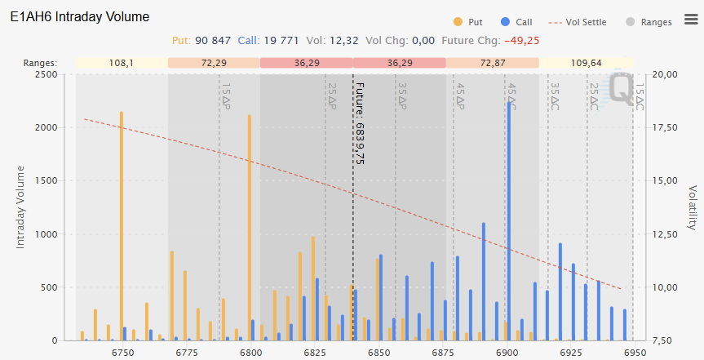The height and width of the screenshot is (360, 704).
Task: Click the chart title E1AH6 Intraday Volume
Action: click(80, 16)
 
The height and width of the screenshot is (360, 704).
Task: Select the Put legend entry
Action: click(469, 22)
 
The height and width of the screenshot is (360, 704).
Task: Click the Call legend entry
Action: click(517, 22)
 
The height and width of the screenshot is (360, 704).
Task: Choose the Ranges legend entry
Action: click(649, 22)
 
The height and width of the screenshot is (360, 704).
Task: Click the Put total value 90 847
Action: click(215, 40)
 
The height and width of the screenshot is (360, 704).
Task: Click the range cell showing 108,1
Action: click(122, 63)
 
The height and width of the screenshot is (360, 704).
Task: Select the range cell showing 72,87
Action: click(493, 63)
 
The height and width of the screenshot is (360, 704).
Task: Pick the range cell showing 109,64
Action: click(587, 63)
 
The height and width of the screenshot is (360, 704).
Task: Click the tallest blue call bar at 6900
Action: click(509, 220)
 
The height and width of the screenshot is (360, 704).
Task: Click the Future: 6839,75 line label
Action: click(360, 122)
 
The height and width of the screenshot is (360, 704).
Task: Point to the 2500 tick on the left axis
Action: click(45, 74)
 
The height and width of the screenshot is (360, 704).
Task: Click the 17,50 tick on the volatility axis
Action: click(666, 127)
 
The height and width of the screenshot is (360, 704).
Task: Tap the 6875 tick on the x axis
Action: click(441, 352)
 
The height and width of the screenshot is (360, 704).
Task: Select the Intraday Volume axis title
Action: click(20, 207)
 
